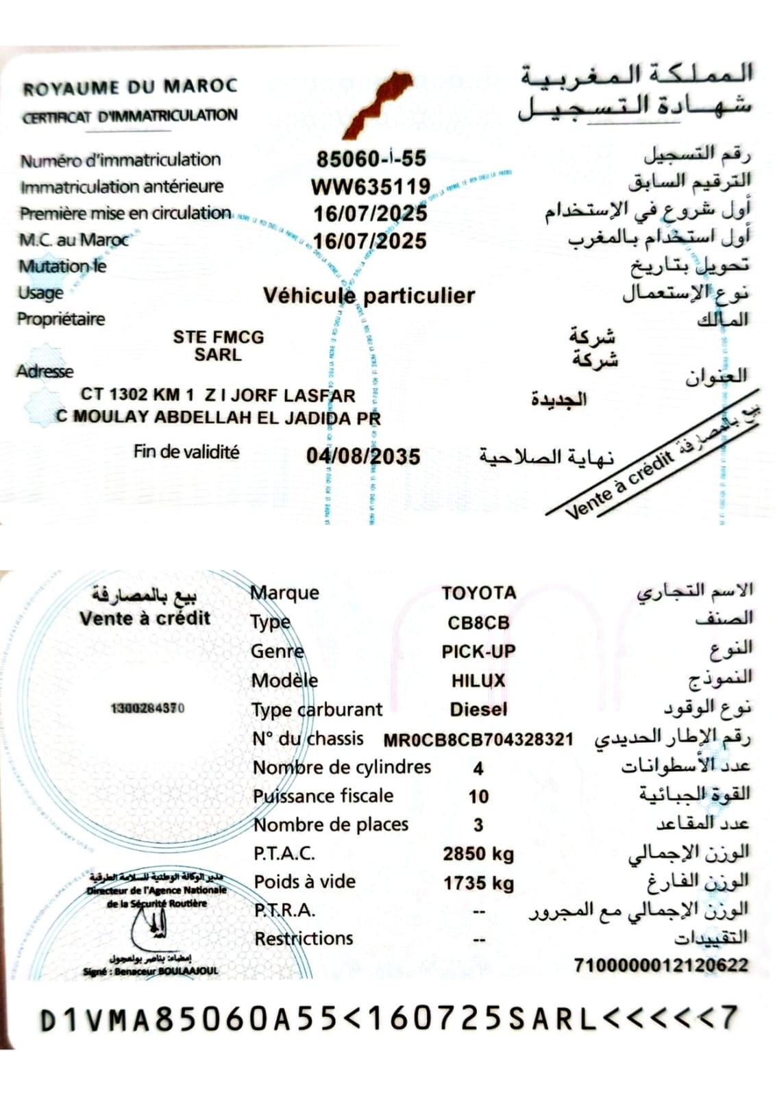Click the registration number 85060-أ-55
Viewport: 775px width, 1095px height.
[371, 159]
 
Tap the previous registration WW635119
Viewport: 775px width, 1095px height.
[371, 186]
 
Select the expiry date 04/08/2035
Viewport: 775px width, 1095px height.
[363, 456]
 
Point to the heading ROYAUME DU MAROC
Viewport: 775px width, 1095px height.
[130, 87]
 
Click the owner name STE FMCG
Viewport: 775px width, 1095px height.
[218, 337]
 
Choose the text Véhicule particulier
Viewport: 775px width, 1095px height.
[369, 296]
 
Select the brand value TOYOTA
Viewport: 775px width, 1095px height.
[478, 593]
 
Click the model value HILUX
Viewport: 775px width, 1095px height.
[478, 681]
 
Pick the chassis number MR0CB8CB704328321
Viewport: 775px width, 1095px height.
[478, 740]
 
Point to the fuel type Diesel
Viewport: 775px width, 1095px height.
[478, 709]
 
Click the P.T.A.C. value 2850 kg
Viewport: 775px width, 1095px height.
[478, 854]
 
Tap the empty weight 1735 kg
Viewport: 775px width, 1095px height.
[478, 883]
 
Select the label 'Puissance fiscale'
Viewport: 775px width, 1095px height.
[323, 796]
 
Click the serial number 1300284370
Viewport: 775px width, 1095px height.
[147, 708]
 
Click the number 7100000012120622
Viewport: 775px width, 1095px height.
[661, 966]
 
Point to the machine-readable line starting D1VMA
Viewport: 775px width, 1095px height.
[388, 1019]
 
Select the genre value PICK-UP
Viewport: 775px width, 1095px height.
[478, 651]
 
